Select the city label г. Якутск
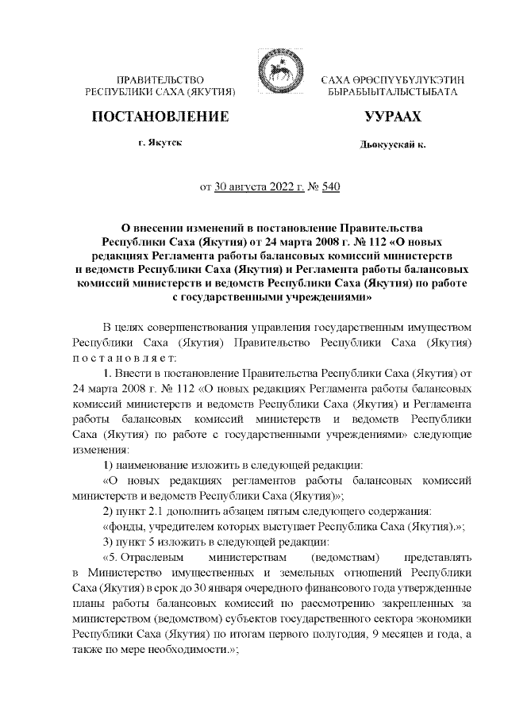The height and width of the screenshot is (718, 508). pyautogui.click(x=160, y=145)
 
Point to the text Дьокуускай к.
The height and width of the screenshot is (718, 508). pyautogui.click(x=392, y=146)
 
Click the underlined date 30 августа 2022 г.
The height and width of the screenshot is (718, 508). pyautogui.click(x=260, y=188)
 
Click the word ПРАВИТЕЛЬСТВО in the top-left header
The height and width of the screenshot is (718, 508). pyautogui.click(x=161, y=81)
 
